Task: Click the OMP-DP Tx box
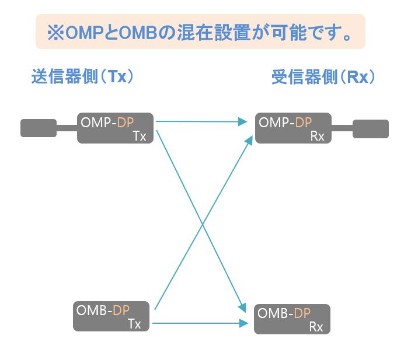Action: click(115, 128)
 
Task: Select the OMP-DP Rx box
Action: click(293, 128)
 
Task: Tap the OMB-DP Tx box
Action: click(111, 316)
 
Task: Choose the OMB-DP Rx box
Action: click(292, 319)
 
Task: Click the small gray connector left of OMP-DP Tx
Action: click(39, 128)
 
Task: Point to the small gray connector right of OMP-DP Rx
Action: click(371, 129)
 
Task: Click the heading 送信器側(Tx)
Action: click(82, 76)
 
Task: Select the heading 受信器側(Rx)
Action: click(323, 77)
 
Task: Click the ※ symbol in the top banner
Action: click(55, 33)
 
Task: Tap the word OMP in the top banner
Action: click(84, 33)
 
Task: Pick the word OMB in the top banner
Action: click(138, 33)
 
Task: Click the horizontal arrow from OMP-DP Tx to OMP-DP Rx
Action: click(201, 121)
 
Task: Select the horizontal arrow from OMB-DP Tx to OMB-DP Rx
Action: click(200, 323)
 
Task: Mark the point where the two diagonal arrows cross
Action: click(203, 224)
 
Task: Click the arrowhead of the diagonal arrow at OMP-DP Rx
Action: click(249, 140)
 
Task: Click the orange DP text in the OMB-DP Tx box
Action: click(121, 310)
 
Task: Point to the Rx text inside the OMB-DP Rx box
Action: click(316, 327)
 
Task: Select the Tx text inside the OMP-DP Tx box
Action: click(140, 136)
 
